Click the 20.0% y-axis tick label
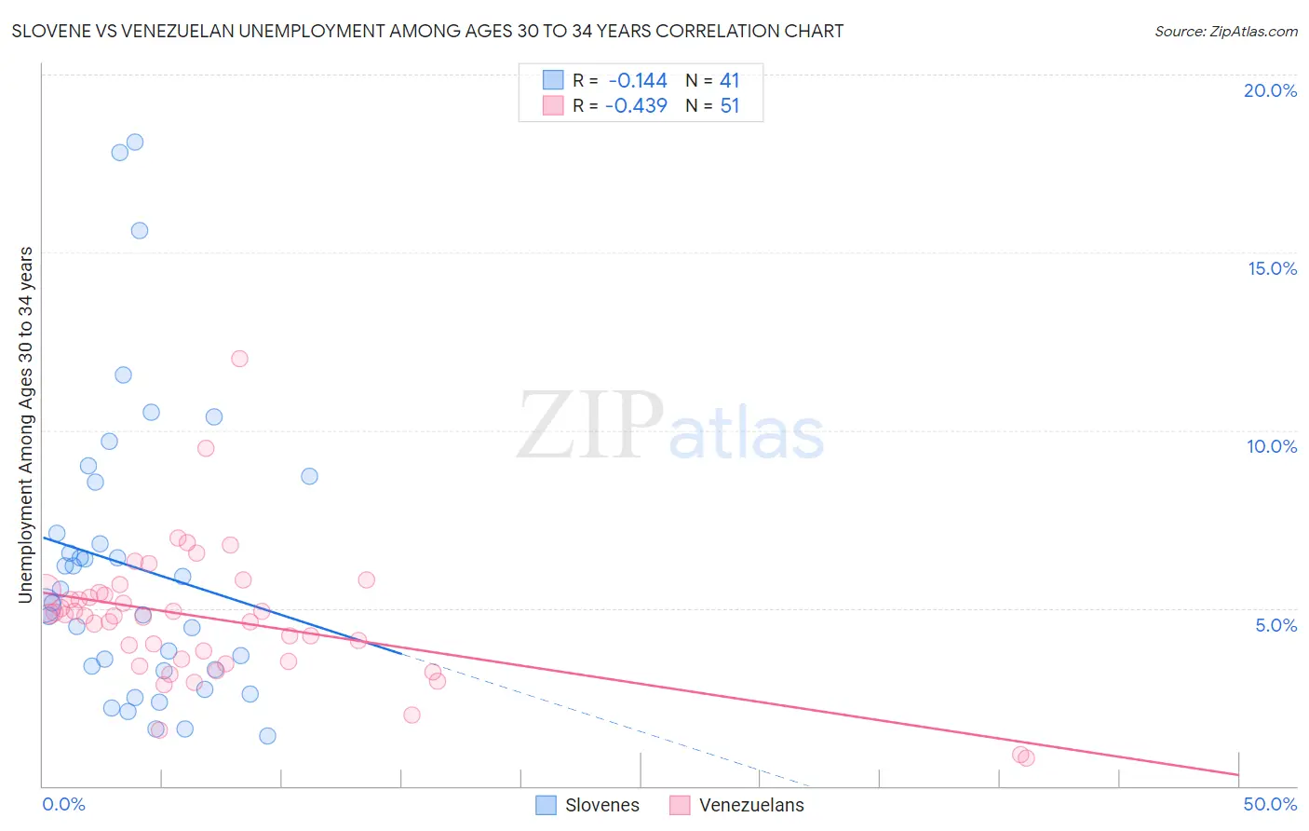pos(1270,90)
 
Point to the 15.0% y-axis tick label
pos(1272,268)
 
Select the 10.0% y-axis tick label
pos(1272,446)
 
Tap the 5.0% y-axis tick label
pos(1275,625)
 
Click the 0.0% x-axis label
pos(63,804)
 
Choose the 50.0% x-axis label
pos(1270,804)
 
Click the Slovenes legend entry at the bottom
pos(588,805)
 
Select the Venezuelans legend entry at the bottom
pos(736,805)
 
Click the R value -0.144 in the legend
pos(638,81)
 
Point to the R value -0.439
pos(636,105)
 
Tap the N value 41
pos(730,81)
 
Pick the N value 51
pos(730,105)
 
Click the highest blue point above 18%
pos(135,143)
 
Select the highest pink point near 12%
pos(239,359)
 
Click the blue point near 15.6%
pos(140,231)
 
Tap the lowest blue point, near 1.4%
pos(267,736)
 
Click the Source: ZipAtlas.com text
pos(1225,32)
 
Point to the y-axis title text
pos(26,425)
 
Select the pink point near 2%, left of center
pos(412,715)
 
